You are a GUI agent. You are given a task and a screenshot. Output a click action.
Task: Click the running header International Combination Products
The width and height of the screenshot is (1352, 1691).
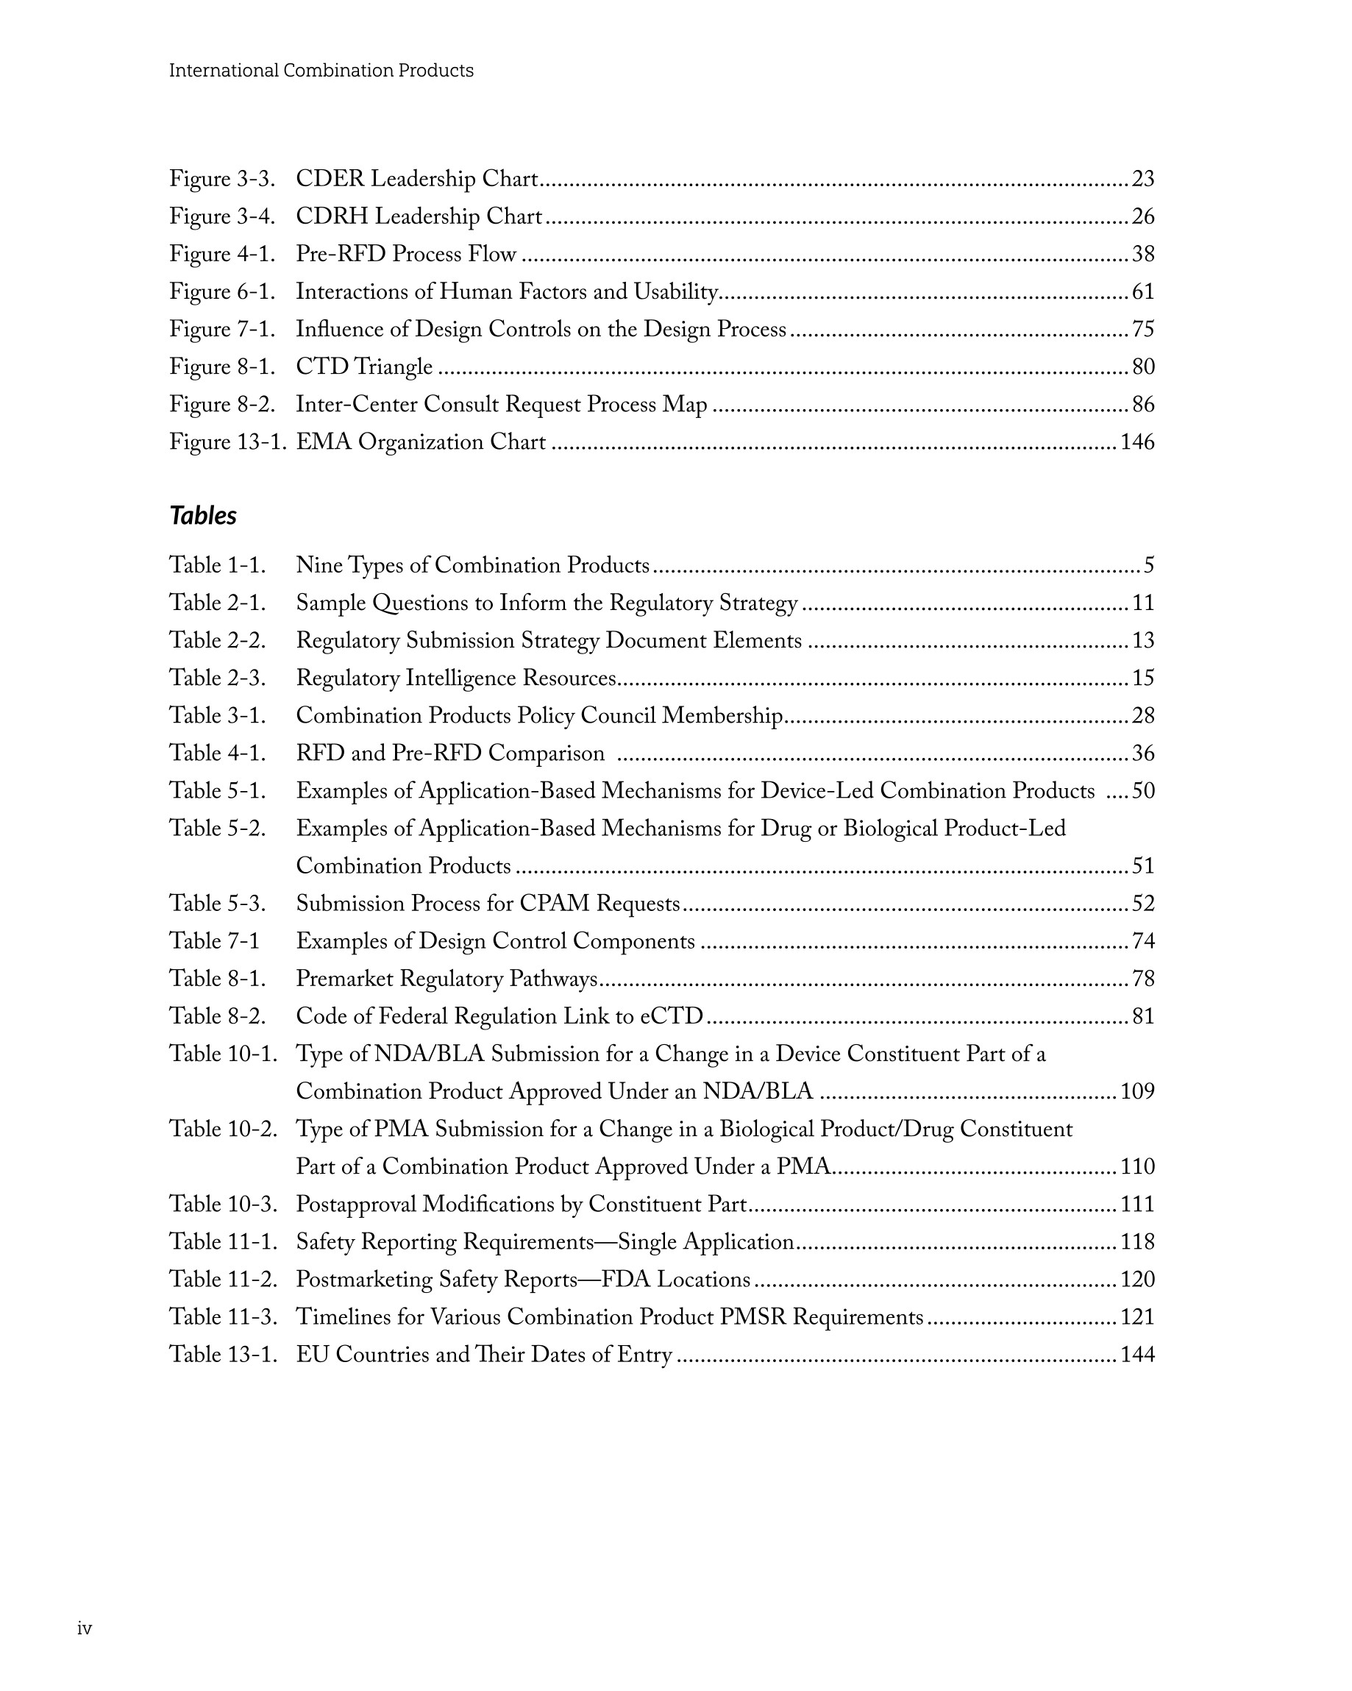[x=321, y=71]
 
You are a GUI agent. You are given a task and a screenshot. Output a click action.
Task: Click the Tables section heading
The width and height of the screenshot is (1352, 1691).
[x=203, y=515]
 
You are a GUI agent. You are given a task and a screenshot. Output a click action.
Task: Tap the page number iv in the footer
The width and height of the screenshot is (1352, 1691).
[x=85, y=1628]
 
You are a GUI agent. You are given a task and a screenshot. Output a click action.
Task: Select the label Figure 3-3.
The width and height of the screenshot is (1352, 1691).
[x=222, y=179]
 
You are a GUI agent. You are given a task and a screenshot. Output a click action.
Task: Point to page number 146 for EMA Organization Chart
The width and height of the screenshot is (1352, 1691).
[x=1137, y=442]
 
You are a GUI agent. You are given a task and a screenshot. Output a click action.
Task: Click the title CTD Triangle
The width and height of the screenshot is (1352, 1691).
[x=364, y=367]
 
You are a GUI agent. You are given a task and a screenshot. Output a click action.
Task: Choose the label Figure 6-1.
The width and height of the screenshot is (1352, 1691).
[x=222, y=292]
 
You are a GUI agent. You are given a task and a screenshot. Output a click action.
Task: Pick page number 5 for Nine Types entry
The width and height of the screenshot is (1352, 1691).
[x=1149, y=565]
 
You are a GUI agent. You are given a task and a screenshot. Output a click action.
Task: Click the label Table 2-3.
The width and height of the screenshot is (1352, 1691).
[x=217, y=678]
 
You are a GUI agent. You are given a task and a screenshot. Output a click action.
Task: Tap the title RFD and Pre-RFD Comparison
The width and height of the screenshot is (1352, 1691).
[x=450, y=754]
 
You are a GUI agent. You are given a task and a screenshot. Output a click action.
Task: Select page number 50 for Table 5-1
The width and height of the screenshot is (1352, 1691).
[x=1142, y=790]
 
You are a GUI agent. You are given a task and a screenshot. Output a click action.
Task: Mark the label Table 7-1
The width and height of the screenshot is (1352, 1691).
[x=214, y=941]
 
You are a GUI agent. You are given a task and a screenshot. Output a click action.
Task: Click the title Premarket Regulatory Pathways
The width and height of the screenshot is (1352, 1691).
[x=446, y=979]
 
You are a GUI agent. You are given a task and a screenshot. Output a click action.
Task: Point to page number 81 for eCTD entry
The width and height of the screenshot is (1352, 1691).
[x=1142, y=1016]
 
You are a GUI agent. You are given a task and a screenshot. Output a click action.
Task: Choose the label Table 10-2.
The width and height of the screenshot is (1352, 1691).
[x=224, y=1130]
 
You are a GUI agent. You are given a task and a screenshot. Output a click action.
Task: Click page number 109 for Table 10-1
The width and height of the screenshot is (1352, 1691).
[x=1137, y=1092]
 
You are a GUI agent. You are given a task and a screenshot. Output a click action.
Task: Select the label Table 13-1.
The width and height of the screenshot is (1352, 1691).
[x=224, y=1355]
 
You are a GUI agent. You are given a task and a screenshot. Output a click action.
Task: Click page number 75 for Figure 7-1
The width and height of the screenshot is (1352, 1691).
[x=1142, y=330]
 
